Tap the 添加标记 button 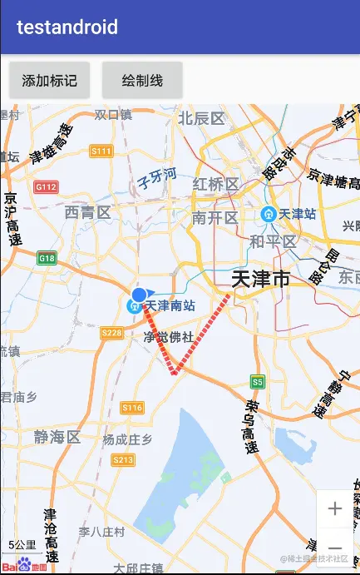[49, 81]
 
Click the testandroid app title [67, 27]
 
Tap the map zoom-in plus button [335, 508]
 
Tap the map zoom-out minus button [335, 547]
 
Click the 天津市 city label [260, 279]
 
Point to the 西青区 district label [87, 213]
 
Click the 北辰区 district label [202, 118]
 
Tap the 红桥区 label [215, 184]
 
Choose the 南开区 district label [215, 218]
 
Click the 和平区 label [273, 241]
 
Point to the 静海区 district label [57, 437]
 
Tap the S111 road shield [101, 151]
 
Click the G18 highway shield [47, 259]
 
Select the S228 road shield [111, 333]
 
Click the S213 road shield [122, 460]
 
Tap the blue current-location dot [139, 295]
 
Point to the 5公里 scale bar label [22, 545]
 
